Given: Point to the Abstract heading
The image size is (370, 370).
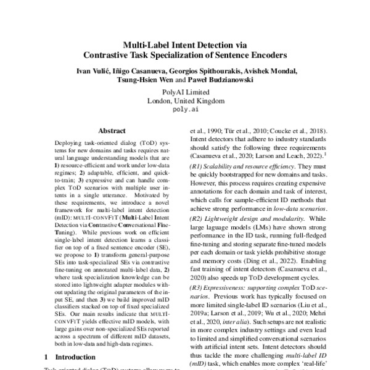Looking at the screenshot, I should [112, 131].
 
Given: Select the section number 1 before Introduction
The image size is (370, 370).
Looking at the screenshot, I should [47, 357].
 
